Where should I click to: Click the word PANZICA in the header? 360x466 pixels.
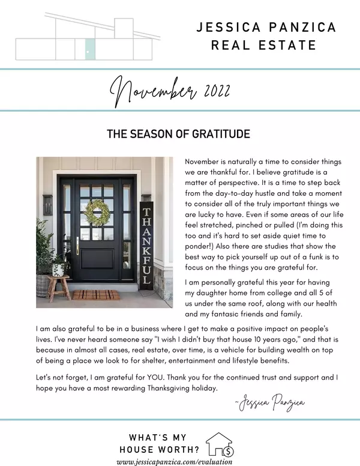295,28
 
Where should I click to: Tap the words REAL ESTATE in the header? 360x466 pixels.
264,45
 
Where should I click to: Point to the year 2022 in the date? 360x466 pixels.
214,92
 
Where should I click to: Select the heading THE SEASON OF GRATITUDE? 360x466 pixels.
178,134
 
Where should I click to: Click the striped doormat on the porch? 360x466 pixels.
96,295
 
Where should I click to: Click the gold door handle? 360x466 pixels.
77,246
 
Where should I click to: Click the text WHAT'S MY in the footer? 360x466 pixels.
157,437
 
